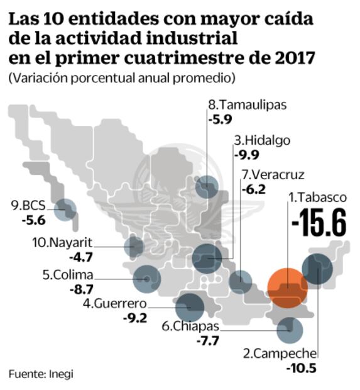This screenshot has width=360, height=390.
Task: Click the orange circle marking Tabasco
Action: tap(286, 287)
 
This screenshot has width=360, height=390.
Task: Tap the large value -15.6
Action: tap(319, 223)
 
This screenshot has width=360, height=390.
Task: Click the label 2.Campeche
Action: tap(285, 354)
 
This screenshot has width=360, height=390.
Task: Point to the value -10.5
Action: tap(302, 368)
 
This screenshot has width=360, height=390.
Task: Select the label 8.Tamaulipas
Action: tap(247, 104)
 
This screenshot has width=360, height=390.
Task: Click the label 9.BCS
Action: tap(28, 205)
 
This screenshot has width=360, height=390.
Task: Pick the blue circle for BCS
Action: tap(63, 209)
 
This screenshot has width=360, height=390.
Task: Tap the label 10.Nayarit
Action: tap(62, 242)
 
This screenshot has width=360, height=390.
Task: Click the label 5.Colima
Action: tap(68, 275)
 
